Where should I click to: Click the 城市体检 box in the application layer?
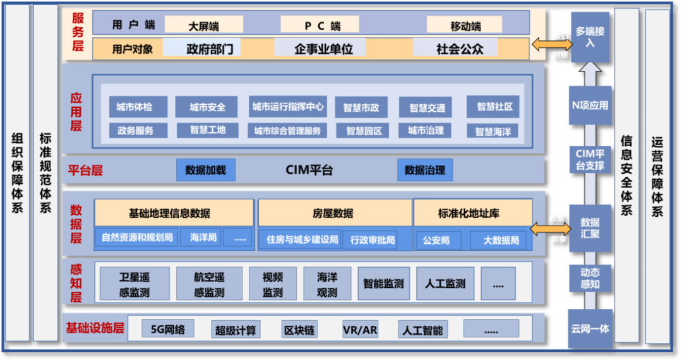134,107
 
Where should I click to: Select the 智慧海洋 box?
493,131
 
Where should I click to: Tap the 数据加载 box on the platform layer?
206,170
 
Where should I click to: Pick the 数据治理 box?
425,170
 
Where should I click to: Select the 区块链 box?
299,330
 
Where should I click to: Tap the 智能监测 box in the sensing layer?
383,284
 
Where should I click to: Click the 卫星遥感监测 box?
135,284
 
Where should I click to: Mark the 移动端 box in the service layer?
465,26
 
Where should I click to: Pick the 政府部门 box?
210,49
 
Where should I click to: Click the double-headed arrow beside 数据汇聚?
547,228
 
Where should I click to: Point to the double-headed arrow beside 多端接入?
547,45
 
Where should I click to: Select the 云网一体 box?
590,329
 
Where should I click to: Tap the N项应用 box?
590,105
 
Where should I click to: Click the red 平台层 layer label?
85,170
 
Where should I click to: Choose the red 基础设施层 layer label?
95,328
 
